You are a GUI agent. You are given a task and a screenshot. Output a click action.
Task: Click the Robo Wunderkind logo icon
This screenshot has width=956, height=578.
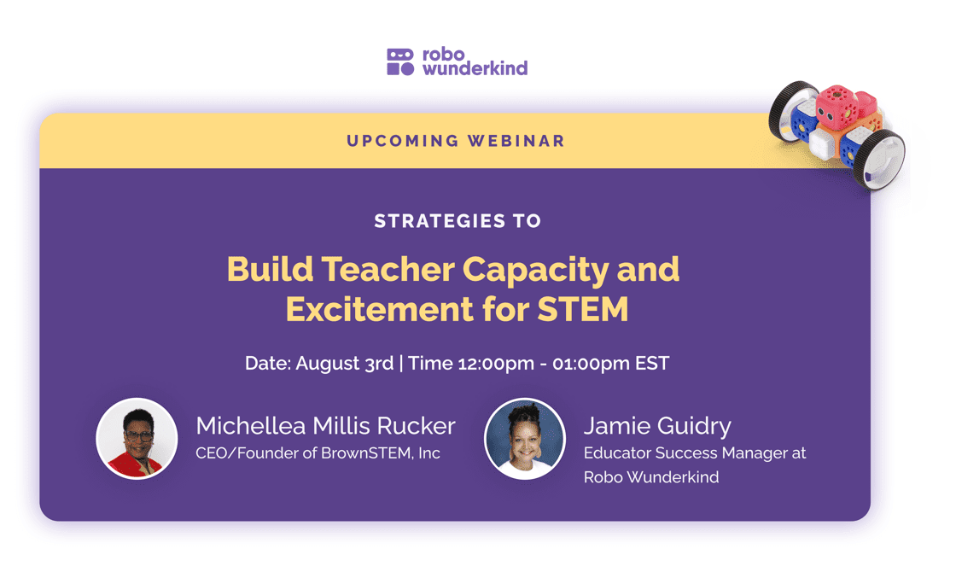(x=399, y=61)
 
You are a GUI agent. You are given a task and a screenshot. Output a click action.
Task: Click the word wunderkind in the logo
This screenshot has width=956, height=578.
(x=475, y=68)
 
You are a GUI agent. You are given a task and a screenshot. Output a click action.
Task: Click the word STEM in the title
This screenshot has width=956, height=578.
(x=583, y=308)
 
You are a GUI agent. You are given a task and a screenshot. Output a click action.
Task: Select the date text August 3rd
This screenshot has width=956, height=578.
(x=345, y=363)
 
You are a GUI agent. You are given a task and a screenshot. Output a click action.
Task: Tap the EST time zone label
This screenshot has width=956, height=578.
(x=652, y=363)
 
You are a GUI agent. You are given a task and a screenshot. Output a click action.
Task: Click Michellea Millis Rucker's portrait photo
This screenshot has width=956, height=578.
(x=137, y=438)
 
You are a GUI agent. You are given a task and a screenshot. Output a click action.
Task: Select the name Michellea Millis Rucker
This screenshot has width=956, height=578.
(x=325, y=426)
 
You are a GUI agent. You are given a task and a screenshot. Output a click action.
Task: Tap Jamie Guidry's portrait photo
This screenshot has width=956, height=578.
(x=524, y=439)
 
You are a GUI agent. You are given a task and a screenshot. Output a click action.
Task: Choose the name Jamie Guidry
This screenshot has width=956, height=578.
(x=657, y=426)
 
